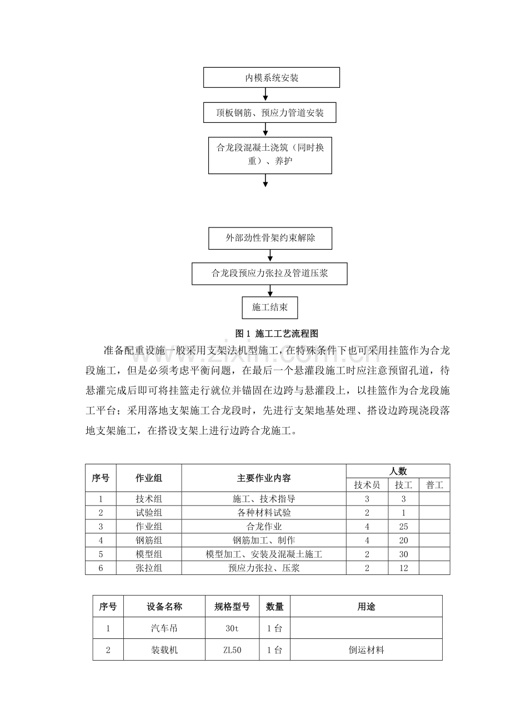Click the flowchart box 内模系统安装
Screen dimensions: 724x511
coord(272,78)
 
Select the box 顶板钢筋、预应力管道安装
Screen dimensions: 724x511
coord(270,113)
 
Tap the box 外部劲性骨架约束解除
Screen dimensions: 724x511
coord(270,239)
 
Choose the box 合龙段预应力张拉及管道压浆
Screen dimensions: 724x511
coord(269,274)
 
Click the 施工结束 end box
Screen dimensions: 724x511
coord(270,307)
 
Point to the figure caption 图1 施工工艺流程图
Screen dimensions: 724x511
coord(277,334)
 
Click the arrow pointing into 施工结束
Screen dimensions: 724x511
coord(270,291)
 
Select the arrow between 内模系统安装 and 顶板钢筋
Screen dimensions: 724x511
coord(265,95)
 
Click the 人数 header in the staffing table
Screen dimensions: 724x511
coord(398,471)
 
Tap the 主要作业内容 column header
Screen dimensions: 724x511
coord(264,478)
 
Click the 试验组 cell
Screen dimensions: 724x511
coord(149,513)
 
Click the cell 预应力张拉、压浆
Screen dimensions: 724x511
coord(264,568)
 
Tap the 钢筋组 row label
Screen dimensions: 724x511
coord(149,540)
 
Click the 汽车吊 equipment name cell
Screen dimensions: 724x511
coord(164,628)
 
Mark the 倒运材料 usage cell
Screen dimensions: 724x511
coord(366,649)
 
